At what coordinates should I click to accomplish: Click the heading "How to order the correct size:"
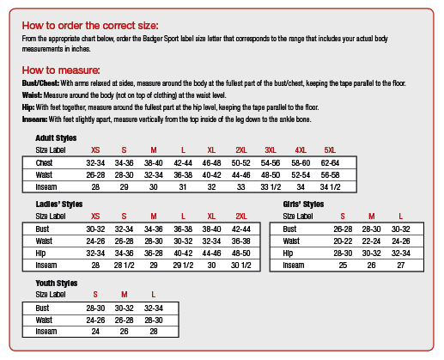(x=90, y=26)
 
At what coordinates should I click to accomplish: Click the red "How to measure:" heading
(x=61, y=70)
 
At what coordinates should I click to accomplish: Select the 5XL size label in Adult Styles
(x=330, y=150)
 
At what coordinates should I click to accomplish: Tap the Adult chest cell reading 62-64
(x=330, y=163)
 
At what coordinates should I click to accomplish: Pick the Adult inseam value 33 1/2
(x=271, y=187)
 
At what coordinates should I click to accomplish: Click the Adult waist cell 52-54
(x=301, y=175)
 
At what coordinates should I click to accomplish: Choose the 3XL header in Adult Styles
(x=271, y=150)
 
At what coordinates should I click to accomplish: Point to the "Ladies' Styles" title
(x=59, y=204)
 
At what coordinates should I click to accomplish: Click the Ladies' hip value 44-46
(x=211, y=253)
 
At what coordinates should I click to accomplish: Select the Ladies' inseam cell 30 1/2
(x=241, y=265)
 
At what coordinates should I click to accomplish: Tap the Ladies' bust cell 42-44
(x=241, y=229)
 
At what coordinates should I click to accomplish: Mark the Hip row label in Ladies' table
(x=40, y=253)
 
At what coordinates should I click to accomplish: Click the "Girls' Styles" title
(x=303, y=204)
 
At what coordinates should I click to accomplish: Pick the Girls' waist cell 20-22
(x=343, y=241)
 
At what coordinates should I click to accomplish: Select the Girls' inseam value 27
(x=401, y=265)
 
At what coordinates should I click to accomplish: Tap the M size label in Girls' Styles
(x=372, y=217)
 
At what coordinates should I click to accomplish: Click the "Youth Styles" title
(x=57, y=284)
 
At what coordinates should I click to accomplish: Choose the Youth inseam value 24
(x=95, y=332)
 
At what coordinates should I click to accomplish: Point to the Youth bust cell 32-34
(x=154, y=308)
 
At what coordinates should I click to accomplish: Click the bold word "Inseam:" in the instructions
(x=34, y=119)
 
